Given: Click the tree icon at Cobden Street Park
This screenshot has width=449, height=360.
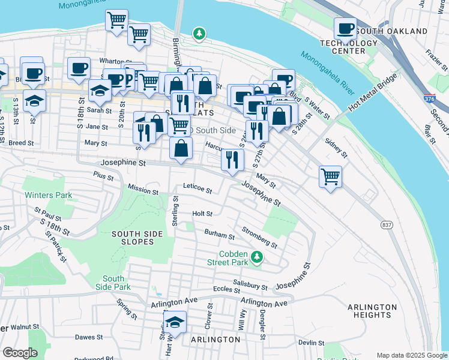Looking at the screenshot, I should click(x=257, y=257).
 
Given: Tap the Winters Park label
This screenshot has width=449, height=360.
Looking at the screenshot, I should click(x=48, y=195).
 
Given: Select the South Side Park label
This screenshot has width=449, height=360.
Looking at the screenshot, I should click(x=113, y=283).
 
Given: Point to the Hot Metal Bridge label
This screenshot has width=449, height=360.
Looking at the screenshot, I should click(x=372, y=95).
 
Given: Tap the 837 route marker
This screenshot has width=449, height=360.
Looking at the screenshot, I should click(x=387, y=224).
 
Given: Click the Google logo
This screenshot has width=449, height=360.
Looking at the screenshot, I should click(x=20, y=353).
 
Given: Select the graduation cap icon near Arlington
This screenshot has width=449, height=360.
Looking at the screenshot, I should click(x=175, y=322).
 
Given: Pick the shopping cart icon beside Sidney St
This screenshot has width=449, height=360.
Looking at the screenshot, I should click(x=330, y=176).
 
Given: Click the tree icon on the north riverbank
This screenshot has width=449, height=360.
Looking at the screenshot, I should click(x=199, y=34).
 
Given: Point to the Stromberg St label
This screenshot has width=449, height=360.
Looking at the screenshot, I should click(x=259, y=237).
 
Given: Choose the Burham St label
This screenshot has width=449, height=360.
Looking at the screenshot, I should click(x=219, y=235).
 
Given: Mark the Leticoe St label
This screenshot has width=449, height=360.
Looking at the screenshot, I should click(x=197, y=190).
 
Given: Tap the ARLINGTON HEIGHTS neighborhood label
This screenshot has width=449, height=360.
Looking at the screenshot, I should click(x=372, y=311).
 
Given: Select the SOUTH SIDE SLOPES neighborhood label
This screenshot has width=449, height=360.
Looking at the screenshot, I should click(x=138, y=238).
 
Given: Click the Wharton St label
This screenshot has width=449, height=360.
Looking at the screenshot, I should click(x=116, y=61).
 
